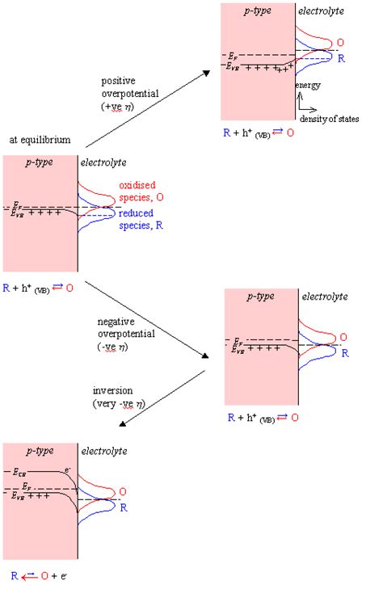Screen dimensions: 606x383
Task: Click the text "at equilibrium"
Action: tap(40, 141)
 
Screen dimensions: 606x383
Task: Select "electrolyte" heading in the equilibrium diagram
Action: tap(103, 162)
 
